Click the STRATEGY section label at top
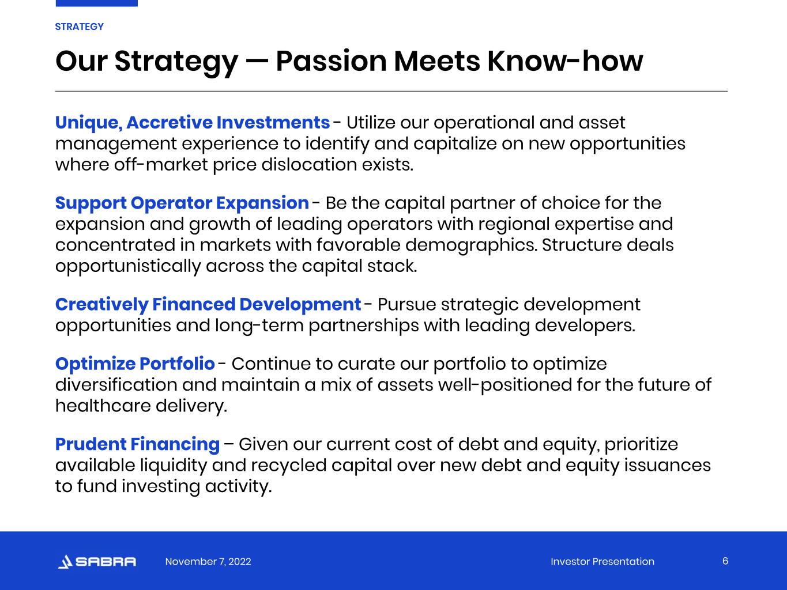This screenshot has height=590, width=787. [x=79, y=27]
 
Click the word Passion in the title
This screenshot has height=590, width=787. [x=331, y=61]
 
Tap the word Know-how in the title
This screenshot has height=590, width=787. [x=565, y=61]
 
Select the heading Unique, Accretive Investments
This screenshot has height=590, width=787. [x=193, y=123]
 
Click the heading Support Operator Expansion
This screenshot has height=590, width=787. [x=182, y=203]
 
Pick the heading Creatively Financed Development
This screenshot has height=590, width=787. [x=208, y=304]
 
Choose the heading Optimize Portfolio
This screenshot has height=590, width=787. [x=135, y=364]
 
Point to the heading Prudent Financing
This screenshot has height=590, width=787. [x=137, y=444]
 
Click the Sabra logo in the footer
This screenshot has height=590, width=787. [x=97, y=561]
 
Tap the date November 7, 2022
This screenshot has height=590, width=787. [x=208, y=561]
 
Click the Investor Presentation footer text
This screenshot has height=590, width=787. [x=603, y=561]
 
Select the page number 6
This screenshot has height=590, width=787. [x=725, y=561]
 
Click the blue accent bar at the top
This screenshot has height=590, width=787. [x=96, y=3]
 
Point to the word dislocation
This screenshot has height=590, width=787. [x=309, y=165]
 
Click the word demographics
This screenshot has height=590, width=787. [x=472, y=245]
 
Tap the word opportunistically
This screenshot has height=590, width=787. [x=128, y=267]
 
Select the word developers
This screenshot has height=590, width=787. [x=585, y=326]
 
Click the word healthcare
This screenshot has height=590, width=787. [x=103, y=406]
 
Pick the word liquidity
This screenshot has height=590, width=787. [x=174, y=466]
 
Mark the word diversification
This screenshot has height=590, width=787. [x=116, y=385]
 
